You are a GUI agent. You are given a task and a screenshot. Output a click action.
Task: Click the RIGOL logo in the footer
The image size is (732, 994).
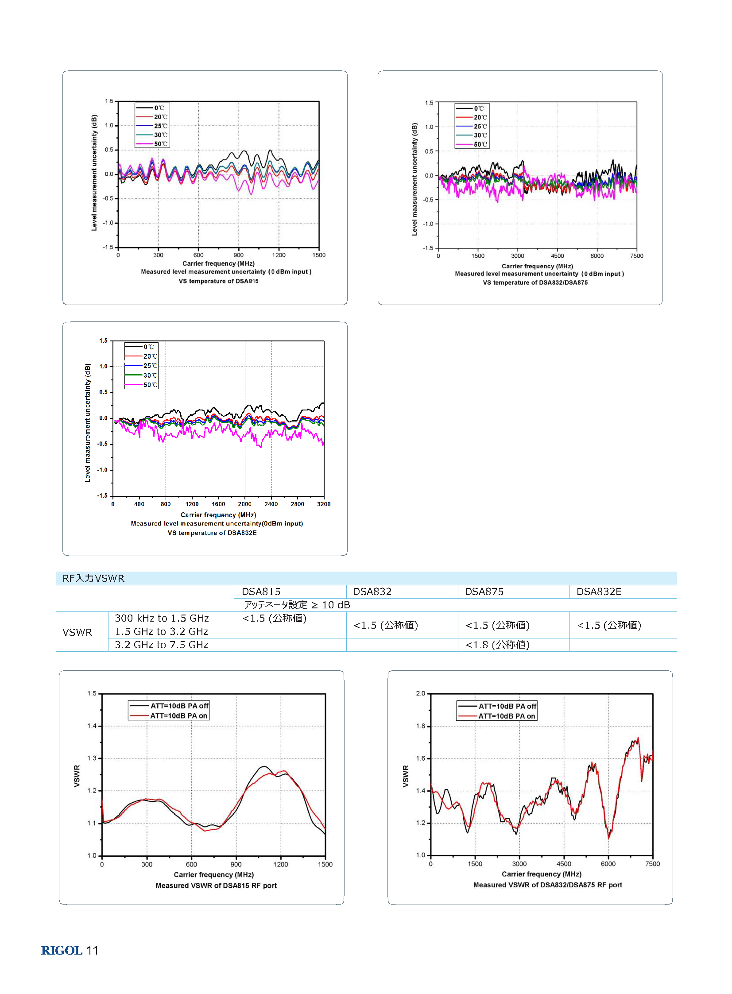pos(62,950)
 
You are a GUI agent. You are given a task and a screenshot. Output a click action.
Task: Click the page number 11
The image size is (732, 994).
pos(92,950)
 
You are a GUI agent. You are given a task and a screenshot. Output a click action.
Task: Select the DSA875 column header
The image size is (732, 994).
pos(484,592)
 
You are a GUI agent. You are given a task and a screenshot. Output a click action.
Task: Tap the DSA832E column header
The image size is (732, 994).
pos(599,592)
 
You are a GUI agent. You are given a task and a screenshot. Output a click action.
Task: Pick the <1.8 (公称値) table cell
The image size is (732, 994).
pos(498,645)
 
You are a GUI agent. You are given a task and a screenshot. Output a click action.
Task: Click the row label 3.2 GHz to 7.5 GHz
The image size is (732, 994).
pos(161,645)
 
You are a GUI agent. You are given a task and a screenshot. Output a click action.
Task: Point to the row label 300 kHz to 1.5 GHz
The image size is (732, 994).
pos(162,618)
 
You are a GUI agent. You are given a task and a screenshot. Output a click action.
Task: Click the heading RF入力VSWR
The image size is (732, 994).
pos(93,578)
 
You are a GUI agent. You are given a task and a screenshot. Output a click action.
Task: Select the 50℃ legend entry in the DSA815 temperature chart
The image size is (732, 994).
pos(152,144)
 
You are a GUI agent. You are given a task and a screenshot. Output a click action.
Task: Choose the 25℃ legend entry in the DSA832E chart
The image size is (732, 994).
pos(141,365)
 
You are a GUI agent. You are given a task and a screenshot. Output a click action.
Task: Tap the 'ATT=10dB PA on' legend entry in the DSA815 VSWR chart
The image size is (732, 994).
pos(168,716)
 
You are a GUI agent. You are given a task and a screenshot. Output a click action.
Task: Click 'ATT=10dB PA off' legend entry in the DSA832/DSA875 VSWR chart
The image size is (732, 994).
pos(497,706)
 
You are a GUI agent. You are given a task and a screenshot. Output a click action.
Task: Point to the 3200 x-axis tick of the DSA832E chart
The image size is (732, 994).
pos(323,504)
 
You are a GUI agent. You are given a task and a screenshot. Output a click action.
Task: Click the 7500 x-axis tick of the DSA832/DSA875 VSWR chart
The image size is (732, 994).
pos(652,864)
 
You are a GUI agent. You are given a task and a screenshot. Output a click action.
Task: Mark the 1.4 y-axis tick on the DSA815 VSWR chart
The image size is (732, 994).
pos(92,726)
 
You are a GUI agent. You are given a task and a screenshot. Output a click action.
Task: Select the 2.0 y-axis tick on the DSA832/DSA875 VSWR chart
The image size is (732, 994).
pos(421,693)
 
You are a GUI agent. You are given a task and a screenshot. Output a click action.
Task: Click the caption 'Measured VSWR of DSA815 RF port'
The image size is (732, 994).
pos(216,886)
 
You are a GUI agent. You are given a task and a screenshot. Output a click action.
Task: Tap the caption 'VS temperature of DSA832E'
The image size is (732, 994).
pos(212,533)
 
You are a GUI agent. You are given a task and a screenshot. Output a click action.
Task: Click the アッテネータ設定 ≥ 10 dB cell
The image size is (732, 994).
pos(297,605)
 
